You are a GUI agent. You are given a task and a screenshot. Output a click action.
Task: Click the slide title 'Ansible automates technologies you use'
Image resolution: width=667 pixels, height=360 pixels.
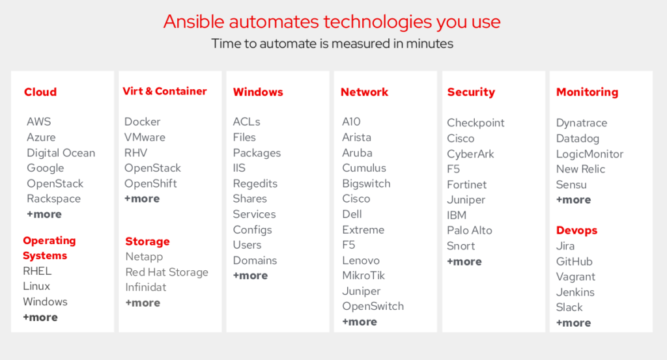pyautogui.click(x=332, y=22)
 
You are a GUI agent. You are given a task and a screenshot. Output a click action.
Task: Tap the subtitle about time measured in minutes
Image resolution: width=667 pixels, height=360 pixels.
pyautogui.click(x=332, y=44)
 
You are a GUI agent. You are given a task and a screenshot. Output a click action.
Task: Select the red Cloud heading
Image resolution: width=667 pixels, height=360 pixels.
pyautogui.click(x=40, y=92)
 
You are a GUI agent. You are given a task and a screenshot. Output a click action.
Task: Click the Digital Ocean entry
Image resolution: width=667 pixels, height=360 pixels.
pyautogui.click(x=61, y=153)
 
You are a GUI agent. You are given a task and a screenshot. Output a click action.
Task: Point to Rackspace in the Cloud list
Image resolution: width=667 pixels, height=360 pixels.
pyautogui.click(x=53, y=199)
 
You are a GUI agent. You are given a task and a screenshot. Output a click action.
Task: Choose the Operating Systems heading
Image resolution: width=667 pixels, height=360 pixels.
pyautogui.click(x=50, y=248)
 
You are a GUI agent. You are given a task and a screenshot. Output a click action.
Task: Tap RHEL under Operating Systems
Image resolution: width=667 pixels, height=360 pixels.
pyautogui.click(x=37, y=271)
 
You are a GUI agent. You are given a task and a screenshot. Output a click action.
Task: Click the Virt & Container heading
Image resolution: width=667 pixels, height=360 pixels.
pyautogui.click(x=165, y=91)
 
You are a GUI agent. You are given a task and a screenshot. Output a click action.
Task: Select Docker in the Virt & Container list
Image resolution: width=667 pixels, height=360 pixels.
pyautogui.click(x=143, y=122)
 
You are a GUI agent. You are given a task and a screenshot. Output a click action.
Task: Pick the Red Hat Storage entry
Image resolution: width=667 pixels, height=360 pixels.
pyautogui.click(x=167, y=272)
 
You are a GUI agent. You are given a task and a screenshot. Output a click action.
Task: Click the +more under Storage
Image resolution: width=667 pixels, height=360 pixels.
pyautogui.click(x=143, y=303)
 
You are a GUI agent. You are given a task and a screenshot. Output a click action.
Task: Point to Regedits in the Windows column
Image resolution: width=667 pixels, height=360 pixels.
pyautogui.click(x=255, y=184)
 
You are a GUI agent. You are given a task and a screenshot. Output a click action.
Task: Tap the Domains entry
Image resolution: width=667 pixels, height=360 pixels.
pyautogui.click(x=255, y=260)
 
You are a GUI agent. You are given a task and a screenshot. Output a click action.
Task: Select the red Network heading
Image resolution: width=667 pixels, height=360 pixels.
pyautogui.click(x=365, y=92)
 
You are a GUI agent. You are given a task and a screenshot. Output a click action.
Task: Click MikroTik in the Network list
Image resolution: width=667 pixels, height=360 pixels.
pyautogui.click(x=363, y=276)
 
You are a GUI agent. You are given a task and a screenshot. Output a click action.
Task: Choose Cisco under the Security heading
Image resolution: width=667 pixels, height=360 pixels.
pyautogui.click(x=461, y=139)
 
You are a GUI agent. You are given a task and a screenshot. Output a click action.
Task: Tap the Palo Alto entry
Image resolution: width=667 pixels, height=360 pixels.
pyautogui.click(x=470, y=230)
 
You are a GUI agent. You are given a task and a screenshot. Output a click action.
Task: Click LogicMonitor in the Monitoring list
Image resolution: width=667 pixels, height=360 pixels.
pyautogui.click(x=589, y=154)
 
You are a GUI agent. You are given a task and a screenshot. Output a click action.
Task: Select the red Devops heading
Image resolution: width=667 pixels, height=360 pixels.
pyautogui.click(x=577, y=230)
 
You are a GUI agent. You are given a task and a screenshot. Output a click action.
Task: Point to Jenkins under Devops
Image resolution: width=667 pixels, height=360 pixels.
pyautogui.click(x=575, y=292)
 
